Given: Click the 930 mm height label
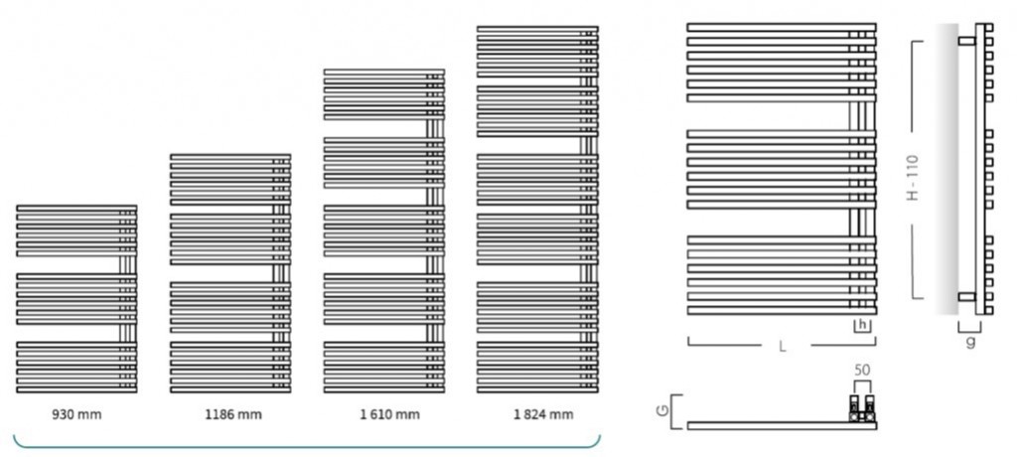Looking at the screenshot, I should (76, 413).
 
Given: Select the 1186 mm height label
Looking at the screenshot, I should (231, 413).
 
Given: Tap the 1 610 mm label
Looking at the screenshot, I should (384, 413).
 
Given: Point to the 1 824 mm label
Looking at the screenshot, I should (538, 413).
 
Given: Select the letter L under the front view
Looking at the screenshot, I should (783, 347).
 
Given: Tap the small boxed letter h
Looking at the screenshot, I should (863, 324).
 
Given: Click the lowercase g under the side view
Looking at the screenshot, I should (970, 341).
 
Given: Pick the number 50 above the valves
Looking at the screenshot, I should (862, 370).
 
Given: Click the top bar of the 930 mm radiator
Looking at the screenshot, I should (76, 208).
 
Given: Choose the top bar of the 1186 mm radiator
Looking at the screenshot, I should (230, 156).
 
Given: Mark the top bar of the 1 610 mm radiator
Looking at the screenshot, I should (384, 71).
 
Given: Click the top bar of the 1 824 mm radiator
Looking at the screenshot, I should (537, 28).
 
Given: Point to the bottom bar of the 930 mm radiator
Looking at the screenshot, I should (76, 388).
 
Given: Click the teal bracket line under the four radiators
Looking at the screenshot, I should (308, 447).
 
